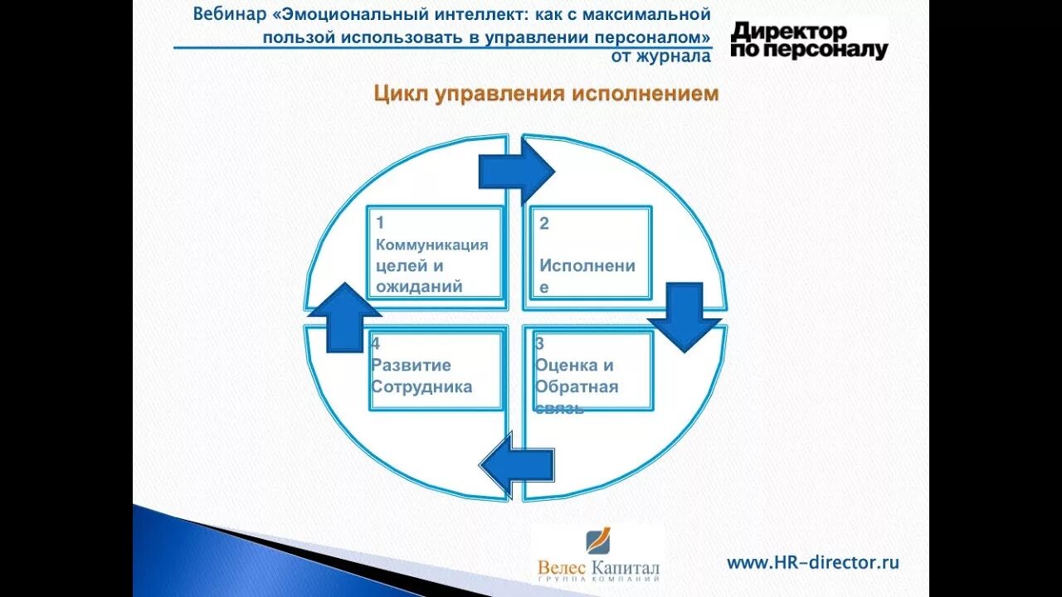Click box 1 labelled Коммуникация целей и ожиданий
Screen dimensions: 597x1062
435,253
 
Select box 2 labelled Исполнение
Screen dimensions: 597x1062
590,253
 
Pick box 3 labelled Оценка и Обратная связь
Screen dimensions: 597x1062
591,370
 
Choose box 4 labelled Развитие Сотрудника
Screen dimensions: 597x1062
436,370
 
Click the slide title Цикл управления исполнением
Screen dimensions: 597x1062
546,94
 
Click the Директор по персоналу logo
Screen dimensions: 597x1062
808,40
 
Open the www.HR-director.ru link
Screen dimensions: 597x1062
812,562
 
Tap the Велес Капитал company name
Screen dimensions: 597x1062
598,568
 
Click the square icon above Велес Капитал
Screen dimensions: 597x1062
599,541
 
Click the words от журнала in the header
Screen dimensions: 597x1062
660,56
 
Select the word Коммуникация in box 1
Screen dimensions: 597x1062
431,245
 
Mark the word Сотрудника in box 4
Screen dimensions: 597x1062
421,386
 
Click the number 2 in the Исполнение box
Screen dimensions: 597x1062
544,223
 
